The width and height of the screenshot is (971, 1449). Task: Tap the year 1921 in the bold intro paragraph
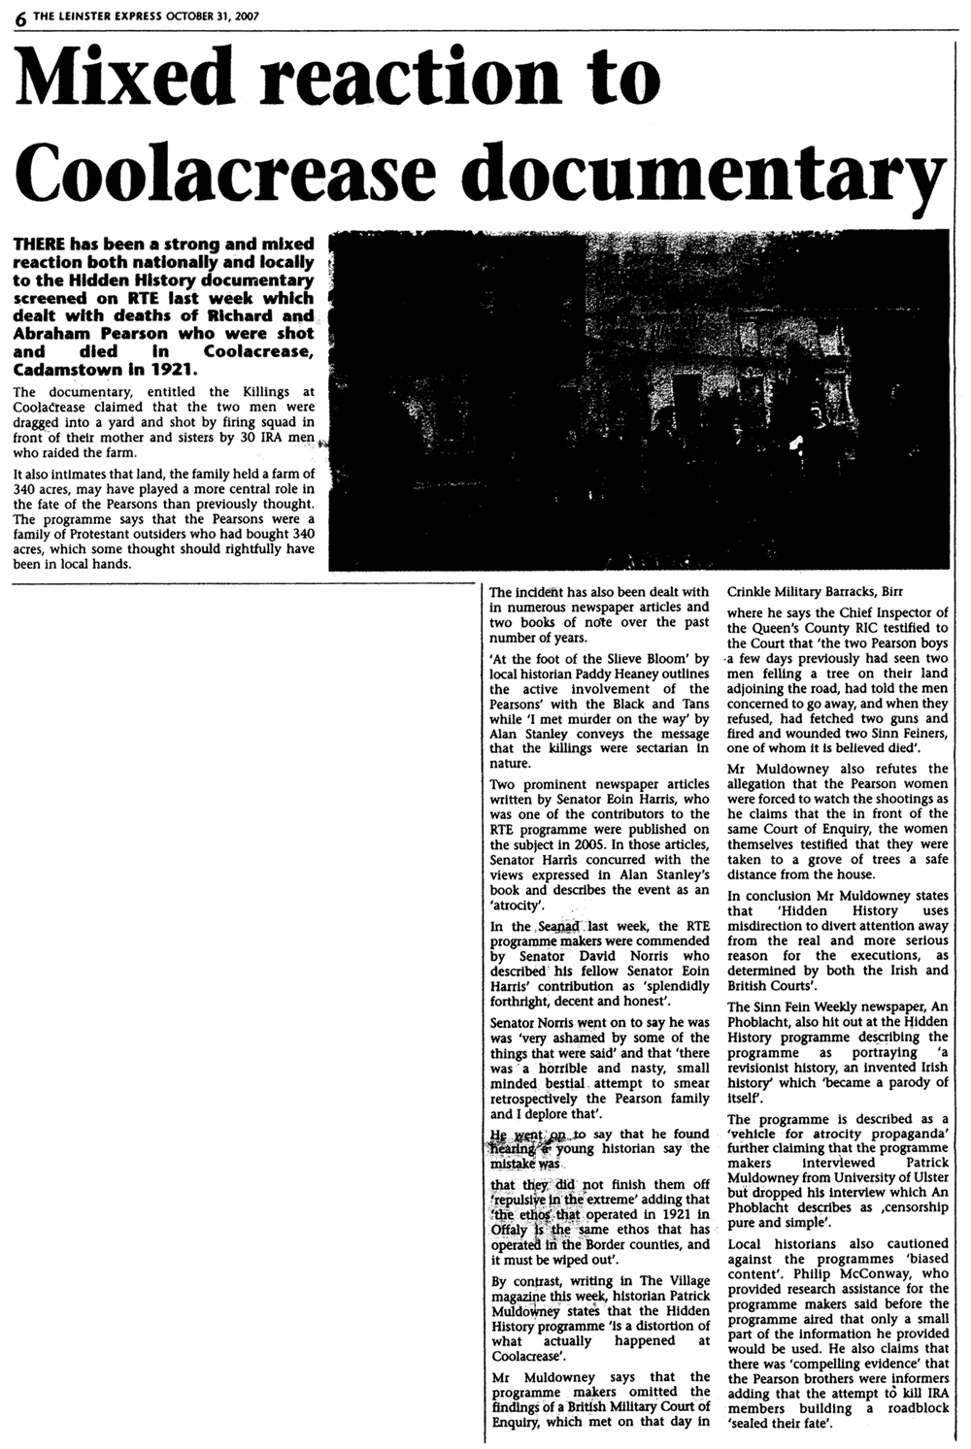coord(174,369)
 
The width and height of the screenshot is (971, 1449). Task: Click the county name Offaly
coord(511,1230)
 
